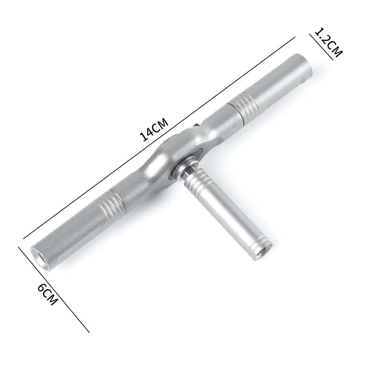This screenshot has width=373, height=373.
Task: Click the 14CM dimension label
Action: pos(154,130)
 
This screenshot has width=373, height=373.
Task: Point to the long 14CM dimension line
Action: pos(159,138)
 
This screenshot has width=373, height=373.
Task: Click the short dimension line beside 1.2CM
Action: pos(321,47)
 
